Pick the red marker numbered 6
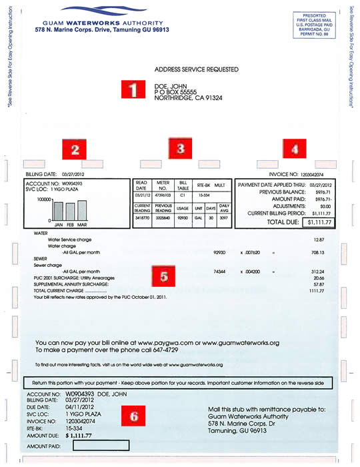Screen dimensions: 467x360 click(133, 416)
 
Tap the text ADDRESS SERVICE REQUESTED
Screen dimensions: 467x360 click(196, 69)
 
